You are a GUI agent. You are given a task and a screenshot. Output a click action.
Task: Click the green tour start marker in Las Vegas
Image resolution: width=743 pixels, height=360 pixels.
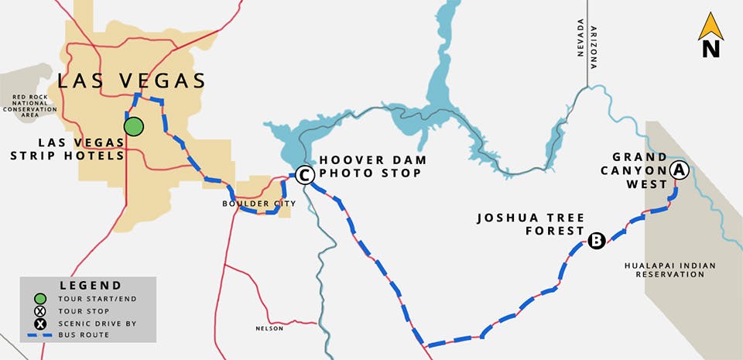pos(135,125)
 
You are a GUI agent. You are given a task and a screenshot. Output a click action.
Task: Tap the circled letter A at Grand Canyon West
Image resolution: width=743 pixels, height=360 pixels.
pos(679,170)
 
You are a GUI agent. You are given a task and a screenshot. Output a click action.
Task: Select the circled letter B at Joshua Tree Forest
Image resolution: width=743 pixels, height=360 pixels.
pos(596,241)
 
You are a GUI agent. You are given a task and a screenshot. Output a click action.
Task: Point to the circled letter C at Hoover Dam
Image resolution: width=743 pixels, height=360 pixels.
pos(305,177)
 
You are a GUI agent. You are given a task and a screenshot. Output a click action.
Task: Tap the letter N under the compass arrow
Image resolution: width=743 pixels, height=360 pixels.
pos(710,50)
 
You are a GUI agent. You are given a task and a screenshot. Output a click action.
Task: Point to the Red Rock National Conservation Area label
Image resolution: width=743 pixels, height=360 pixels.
pos(29,104)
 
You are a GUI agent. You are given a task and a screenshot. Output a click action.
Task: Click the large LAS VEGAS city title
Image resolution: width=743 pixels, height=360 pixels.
pos(132,81)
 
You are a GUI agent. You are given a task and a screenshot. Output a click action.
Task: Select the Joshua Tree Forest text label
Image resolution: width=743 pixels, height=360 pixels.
pos(532,224)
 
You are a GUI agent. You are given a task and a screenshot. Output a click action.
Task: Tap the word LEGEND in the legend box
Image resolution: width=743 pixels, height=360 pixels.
pos(90,286)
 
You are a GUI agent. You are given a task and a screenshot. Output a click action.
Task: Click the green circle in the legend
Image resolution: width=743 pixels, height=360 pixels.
pos(39,299)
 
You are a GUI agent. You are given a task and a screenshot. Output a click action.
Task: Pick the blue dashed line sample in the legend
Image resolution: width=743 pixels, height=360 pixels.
pos(46,335)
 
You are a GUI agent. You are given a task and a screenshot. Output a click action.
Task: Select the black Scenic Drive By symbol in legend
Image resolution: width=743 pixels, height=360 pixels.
pos(39,323)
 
